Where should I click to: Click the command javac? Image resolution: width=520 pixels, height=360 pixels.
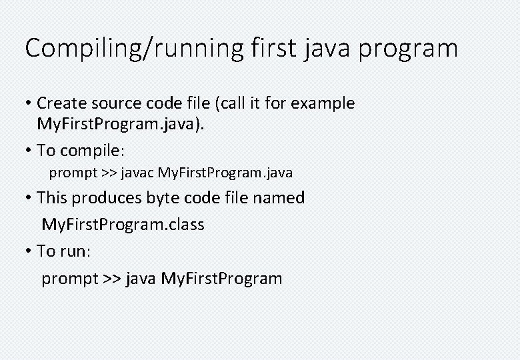tap(137, 173)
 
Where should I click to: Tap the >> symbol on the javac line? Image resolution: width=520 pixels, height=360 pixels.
tap(109, 173)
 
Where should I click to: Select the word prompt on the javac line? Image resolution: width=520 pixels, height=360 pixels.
tap(73, 173)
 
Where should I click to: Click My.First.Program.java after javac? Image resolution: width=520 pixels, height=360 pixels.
tap(225, 173)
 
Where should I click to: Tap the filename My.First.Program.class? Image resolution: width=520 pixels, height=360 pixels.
tap(123, 225)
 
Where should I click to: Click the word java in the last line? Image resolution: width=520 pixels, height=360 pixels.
tap(139, 278)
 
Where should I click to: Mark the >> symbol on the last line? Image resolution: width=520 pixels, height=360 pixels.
tap(112, 278)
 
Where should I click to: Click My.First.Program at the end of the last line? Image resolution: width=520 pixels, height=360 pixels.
tap(221, 278)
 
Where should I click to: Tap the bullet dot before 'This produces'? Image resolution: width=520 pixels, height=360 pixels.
tap(29, 198)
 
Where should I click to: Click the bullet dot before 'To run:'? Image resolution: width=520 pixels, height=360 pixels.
tap(29, 251)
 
